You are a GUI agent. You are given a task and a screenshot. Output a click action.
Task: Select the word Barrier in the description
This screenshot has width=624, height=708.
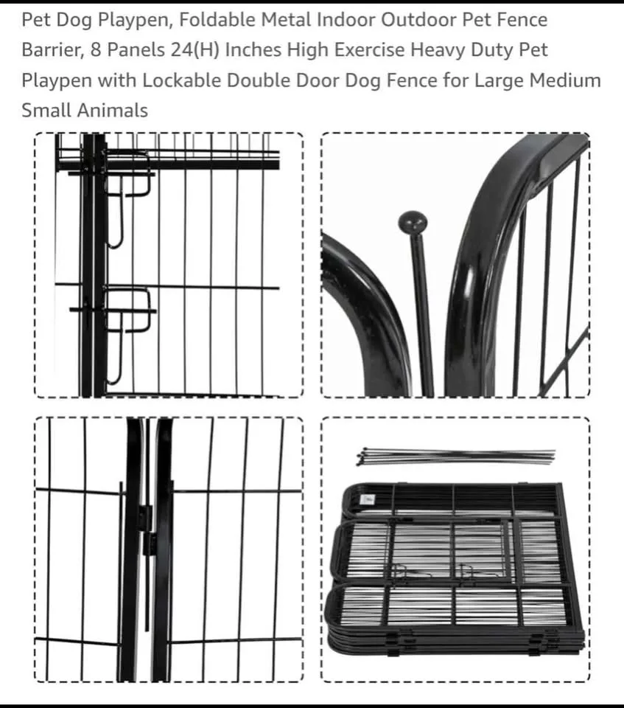(48, 50)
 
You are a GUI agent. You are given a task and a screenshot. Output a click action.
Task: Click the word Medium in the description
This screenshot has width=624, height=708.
(564, 80)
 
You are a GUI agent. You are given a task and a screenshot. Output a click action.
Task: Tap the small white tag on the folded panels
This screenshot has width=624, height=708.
(368, 500)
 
